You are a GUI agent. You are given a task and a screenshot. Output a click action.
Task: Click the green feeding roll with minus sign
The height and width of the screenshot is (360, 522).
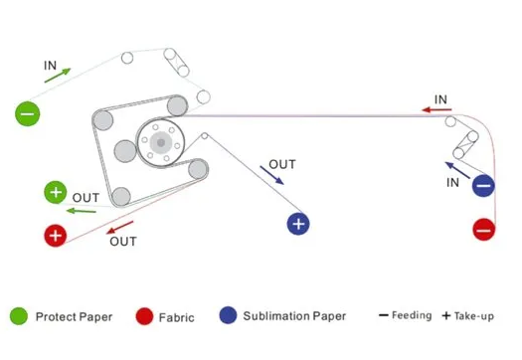[28, 114]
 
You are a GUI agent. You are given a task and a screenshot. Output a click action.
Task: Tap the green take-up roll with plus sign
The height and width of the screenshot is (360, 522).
[56, 192]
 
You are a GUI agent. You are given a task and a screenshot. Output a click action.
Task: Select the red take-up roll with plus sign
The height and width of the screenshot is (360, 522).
[56, 236]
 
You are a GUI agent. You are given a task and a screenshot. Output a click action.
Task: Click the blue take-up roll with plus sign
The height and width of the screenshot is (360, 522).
[298, 224]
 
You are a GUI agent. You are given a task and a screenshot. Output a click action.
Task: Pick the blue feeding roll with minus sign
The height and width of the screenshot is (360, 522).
[483, 186]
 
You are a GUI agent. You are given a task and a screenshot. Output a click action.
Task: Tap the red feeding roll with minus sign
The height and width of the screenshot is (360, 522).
[484, 230]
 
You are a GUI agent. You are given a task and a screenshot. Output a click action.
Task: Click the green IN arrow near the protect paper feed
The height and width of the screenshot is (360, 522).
[58, 76]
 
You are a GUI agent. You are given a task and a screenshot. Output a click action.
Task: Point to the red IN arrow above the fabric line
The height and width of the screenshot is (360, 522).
[436, 109]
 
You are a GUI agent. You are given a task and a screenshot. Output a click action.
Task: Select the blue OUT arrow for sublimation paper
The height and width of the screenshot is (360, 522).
[271, 175]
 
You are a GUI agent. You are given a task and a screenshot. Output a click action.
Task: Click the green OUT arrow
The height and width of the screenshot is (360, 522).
[82, 211]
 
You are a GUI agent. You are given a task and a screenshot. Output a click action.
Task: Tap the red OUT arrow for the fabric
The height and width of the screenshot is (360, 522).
[119, 227]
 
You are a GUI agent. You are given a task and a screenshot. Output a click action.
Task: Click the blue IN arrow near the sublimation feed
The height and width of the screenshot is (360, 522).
[457, 170]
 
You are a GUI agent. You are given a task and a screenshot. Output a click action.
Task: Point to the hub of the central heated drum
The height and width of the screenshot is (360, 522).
[161, 143]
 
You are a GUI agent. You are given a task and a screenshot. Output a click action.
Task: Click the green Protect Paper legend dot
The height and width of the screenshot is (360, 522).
[19, 316]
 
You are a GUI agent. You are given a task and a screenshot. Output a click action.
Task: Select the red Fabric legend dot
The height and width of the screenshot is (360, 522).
[144, 316]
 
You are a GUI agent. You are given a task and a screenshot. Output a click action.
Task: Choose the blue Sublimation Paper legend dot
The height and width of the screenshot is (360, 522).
[228, 315]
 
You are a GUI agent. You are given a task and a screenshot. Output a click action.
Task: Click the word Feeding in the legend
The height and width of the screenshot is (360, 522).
[412, 315]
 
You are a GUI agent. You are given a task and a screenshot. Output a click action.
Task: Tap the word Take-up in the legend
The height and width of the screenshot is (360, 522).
[474, 316]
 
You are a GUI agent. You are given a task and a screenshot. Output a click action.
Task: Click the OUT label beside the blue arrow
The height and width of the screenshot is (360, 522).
[282, 164]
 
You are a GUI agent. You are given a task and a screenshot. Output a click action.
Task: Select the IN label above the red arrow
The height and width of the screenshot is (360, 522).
[440, 99]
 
